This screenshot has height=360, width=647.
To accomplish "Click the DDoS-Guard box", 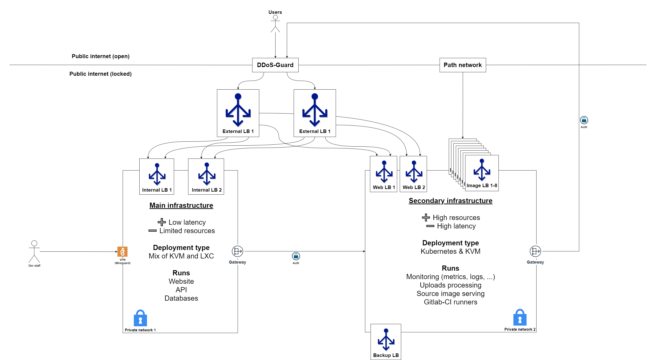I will tap(275, 65).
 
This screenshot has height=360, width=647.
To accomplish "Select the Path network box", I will tap(462, 65).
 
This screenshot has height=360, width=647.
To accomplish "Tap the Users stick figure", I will tap(275, 24).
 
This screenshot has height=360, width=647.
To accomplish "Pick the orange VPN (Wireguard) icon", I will tap(122, 252).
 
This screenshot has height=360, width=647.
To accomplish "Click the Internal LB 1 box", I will tap(157, 177).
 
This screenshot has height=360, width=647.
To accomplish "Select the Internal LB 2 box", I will tap(206, 177).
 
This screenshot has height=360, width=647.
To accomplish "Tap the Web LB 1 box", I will tap(384, 174).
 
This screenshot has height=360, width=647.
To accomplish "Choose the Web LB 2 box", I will tap(413, 174).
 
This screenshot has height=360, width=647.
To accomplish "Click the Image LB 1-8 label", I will tap(482, 186).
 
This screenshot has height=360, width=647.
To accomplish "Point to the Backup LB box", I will tap(386, 342).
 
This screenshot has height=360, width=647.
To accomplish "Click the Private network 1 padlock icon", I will tap(140, 318).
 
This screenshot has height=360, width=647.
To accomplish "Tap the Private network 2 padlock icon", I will tap(520, 317).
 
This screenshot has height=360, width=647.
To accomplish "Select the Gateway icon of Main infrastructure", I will tap(237, 251).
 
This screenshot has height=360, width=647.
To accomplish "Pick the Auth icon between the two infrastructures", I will tap(296, 256).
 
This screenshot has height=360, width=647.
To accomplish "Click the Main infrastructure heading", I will tap(181, 205).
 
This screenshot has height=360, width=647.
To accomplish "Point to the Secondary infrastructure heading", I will tap(450, 201).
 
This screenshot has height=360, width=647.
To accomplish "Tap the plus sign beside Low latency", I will tap(161, 222).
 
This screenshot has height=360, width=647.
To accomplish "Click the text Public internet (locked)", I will tap(100, 74).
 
